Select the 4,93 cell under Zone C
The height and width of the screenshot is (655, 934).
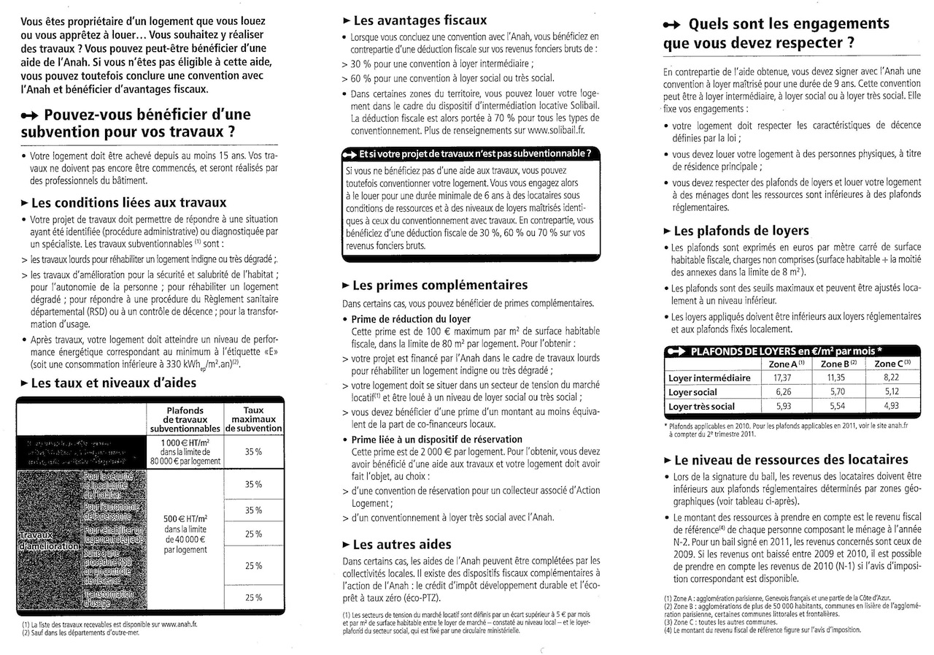point(891,406)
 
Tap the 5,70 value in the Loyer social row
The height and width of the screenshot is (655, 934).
point(836,392)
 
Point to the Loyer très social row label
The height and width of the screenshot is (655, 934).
point(702,406)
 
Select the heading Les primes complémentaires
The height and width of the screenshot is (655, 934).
point(439,285)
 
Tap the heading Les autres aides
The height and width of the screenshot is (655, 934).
point(401,544)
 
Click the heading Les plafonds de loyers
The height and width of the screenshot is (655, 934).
point(741,231)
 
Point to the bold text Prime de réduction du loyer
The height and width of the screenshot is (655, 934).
point(411,319)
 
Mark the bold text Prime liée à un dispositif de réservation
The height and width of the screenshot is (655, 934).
point(436,440)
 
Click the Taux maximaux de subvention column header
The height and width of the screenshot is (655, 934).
point(253,419)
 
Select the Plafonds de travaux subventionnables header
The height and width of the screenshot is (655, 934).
point(185,419)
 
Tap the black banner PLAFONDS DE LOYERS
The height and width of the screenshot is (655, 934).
point(791,351)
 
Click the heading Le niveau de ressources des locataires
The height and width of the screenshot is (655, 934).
point(791,460)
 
